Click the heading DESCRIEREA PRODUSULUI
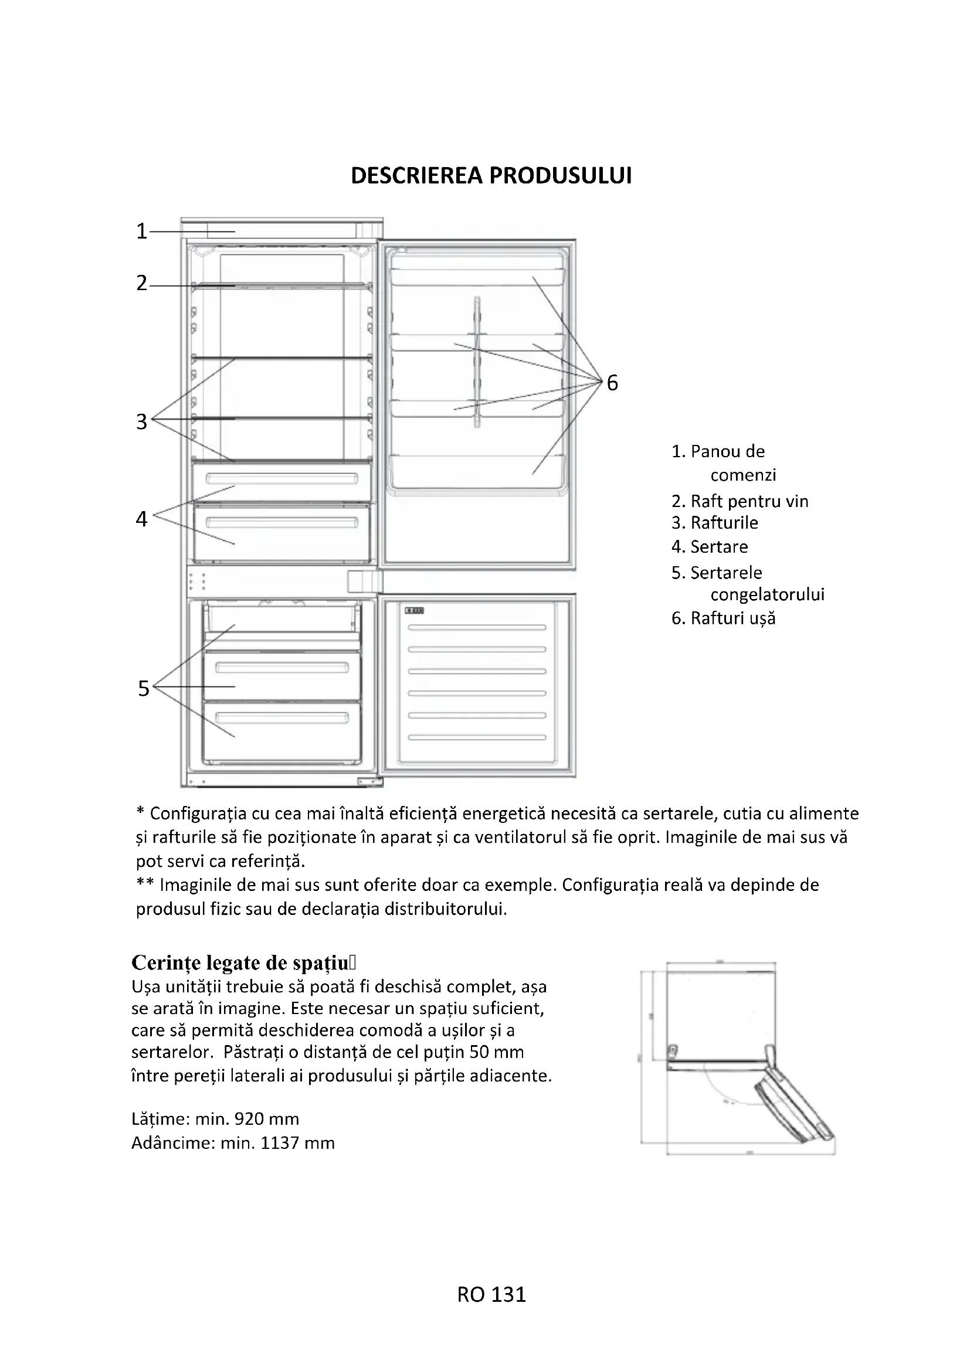click(x=491, y=176)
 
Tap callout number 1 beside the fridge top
click(x=141, y=231)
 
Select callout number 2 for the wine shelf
click(x=141, y=283)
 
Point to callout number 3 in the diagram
click(x=141, y=421)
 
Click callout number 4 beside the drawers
click(x=141, y=519)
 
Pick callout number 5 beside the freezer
click(x=143, y=689)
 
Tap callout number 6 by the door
click(x=612, y=383)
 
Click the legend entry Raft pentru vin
click(x=749, y=501)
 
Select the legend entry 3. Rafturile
click(x=715, y=523)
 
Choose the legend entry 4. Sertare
click(x=710, y=547)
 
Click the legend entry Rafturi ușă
click(x=732, y=618)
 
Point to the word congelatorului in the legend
click(x=767, y=595)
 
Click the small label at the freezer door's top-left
click(x=414, y=611)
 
